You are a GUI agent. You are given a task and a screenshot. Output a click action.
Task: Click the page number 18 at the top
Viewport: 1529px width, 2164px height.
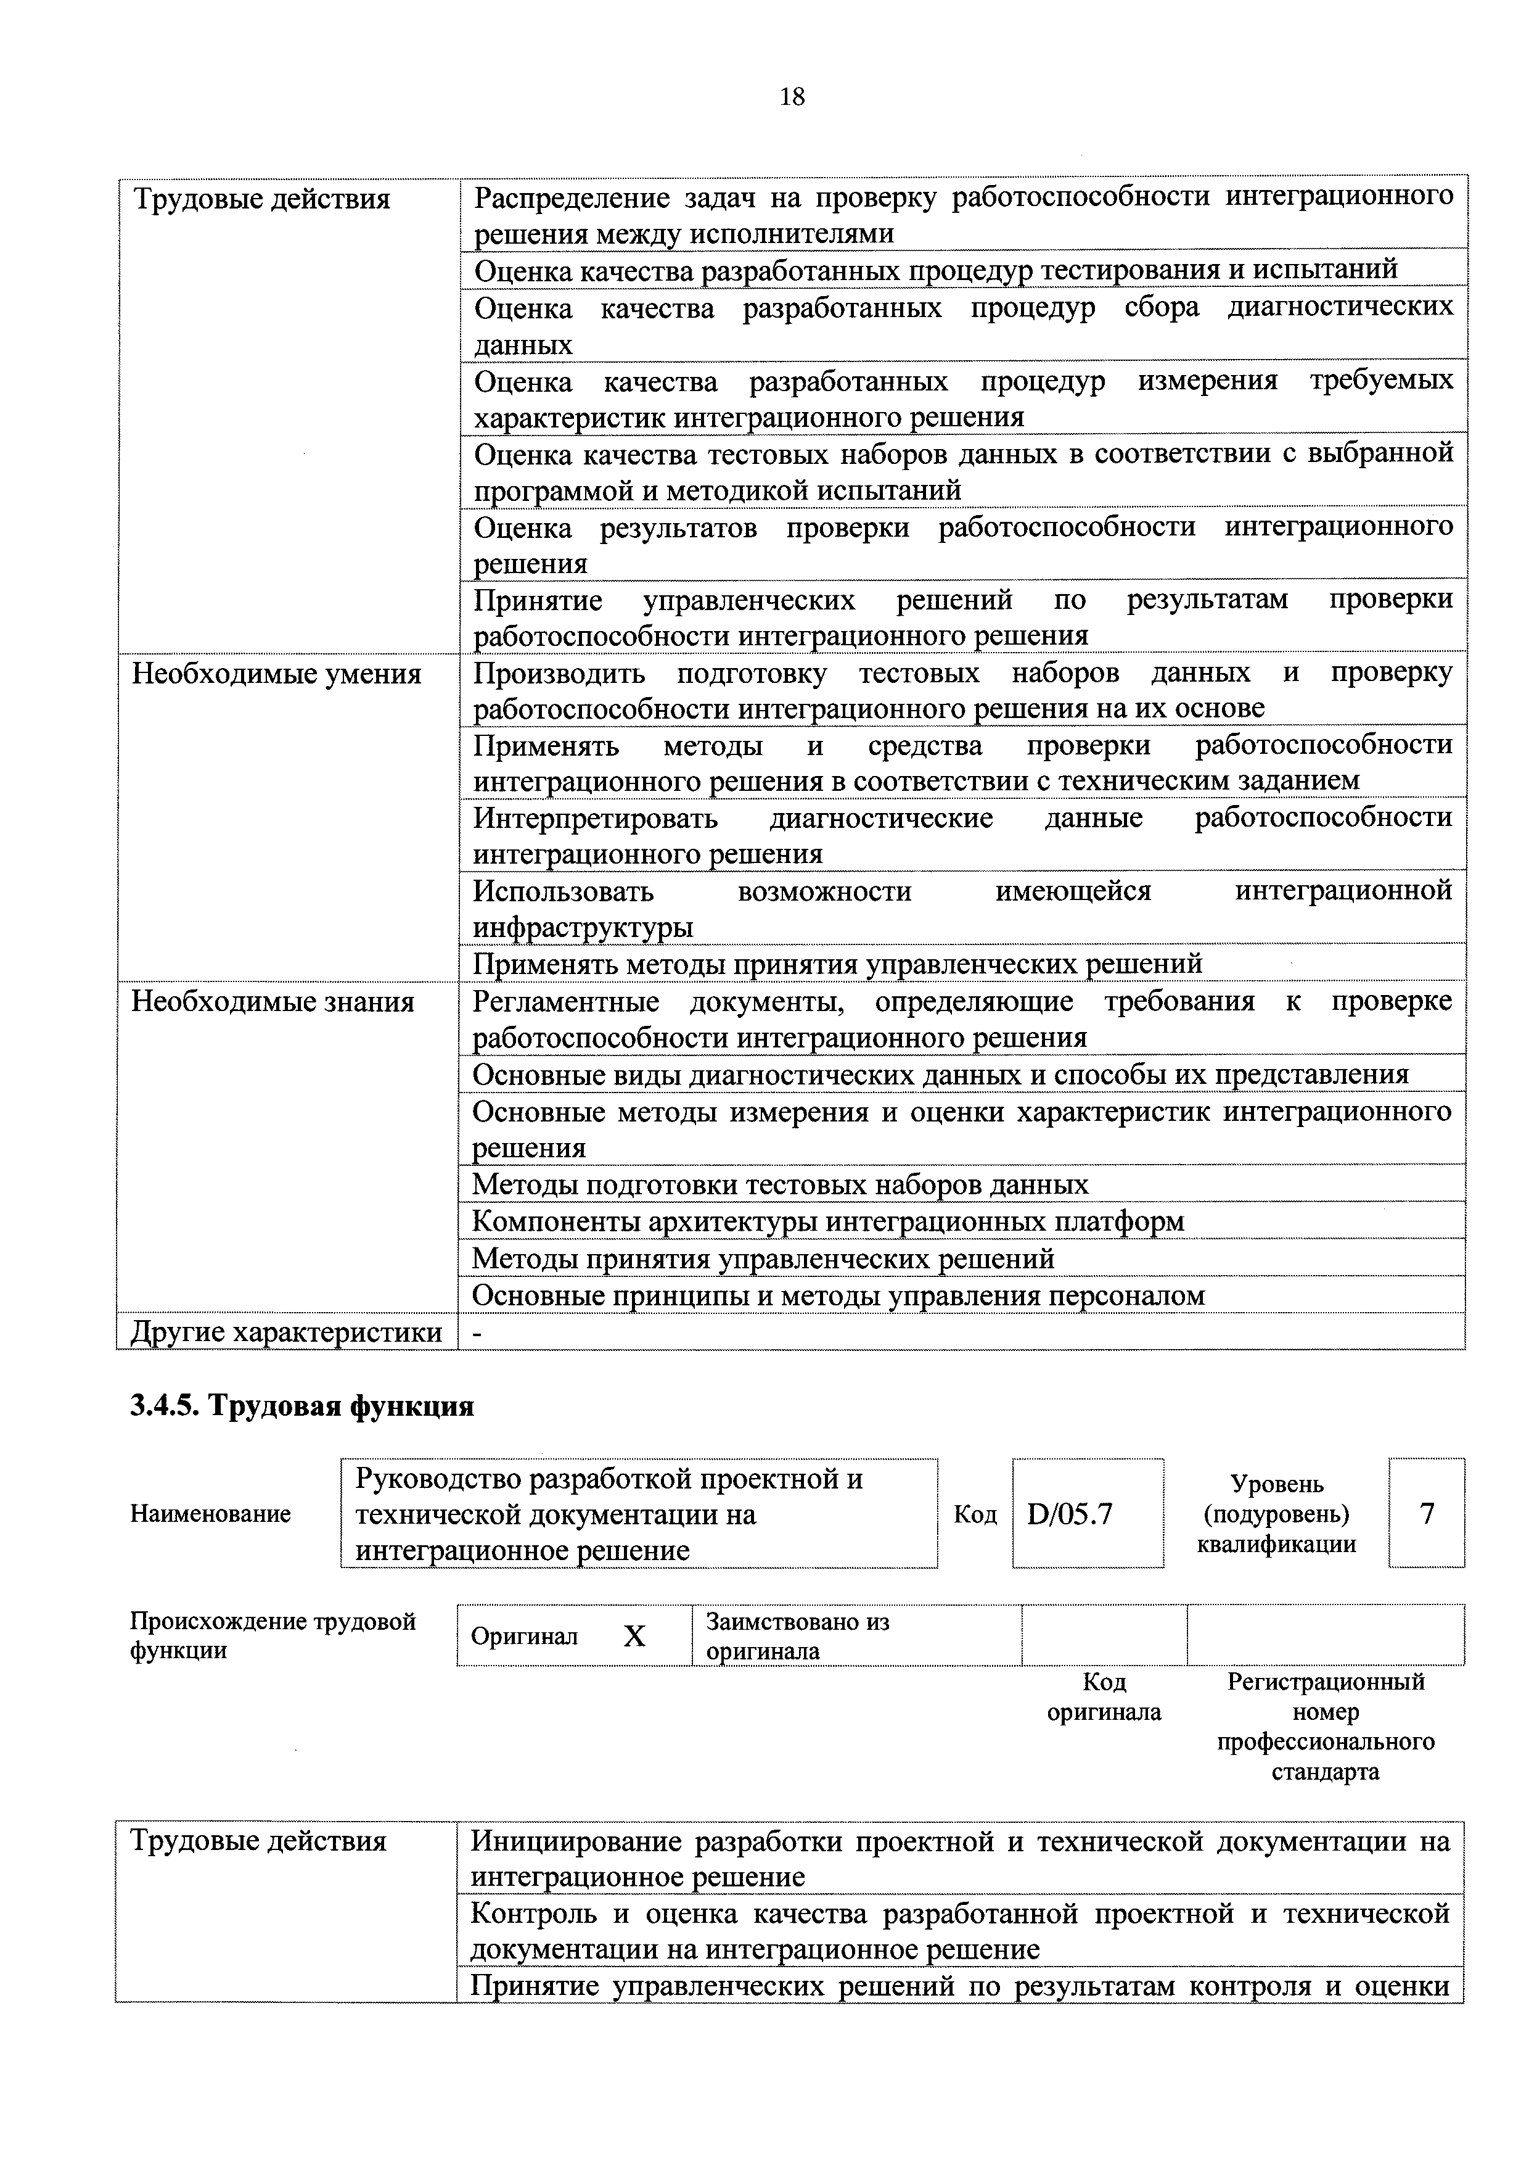point(792,97)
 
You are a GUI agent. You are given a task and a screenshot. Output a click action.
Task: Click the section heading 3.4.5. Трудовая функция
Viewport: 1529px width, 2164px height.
point(301,1406)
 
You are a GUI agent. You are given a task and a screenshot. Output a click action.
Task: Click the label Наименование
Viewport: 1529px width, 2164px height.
point(210,1514)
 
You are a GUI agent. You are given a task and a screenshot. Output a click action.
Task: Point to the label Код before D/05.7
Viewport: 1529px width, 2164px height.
point(975,1514)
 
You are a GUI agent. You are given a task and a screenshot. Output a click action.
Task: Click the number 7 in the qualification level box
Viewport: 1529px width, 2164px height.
point(1426,1514)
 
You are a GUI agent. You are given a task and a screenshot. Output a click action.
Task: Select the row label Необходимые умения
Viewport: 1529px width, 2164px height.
point(276,675)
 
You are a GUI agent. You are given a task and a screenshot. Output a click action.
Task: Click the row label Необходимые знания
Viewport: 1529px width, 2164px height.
point(273,1002)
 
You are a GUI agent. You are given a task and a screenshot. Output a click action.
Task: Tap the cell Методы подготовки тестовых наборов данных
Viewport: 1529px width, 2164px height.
point(780,1185)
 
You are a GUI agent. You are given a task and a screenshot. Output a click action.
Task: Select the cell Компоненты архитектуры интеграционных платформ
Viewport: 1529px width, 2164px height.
point(827,1221)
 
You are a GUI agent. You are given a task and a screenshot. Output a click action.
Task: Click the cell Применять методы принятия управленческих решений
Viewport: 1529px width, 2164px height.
point(837,964)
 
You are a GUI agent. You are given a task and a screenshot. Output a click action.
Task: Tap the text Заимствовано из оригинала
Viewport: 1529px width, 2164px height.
point(797,1636)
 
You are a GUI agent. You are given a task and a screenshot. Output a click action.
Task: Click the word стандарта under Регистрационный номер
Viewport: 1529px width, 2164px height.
point(1324,1772)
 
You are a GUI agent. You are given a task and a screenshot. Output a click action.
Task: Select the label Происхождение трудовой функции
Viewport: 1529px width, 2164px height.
point(273,1635)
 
